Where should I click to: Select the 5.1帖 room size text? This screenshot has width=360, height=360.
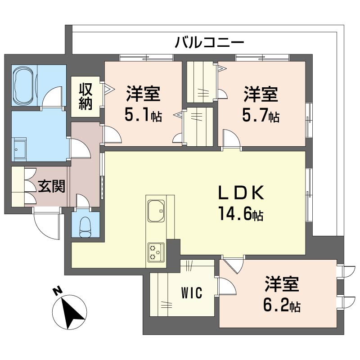[143, 116]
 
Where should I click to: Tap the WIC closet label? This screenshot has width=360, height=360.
[191, 293]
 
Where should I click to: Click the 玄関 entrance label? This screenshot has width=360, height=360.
[50, 186]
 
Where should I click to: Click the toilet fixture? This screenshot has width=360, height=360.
[85, 225]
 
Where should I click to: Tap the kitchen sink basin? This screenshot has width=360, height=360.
[156, 210]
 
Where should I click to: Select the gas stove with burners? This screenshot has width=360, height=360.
[156, 252]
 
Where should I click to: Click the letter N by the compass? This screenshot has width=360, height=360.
[57, 291]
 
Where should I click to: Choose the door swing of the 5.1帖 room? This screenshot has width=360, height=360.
[112, 135]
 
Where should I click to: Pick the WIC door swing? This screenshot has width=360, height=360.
[226, 286]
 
